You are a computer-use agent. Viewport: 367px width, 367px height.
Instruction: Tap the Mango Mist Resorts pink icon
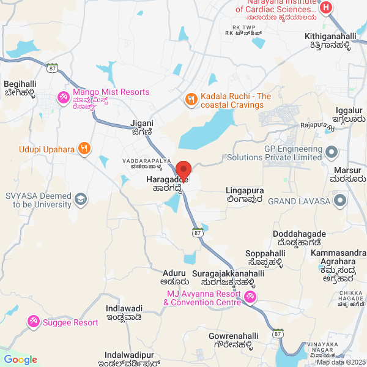[63, 97]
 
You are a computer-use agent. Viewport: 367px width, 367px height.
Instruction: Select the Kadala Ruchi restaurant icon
[191, 98]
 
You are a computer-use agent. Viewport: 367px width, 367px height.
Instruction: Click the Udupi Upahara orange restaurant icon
[84, 148]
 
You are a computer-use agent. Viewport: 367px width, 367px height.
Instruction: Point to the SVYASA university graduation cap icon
[80, 199]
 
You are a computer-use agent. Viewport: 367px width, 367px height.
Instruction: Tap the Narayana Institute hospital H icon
[326, 8]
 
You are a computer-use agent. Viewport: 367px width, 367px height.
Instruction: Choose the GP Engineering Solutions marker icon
[332, 151]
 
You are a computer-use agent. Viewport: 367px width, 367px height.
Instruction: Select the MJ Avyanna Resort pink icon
[250, 297]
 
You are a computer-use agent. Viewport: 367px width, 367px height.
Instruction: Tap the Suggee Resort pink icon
[34, 321]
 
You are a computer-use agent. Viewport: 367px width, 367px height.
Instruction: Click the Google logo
[20, 360]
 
